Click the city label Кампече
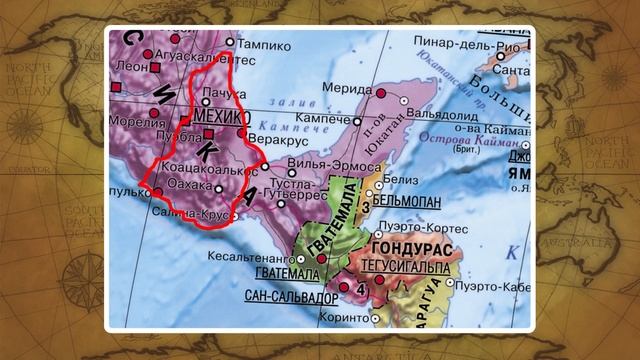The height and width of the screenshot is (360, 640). pyautogui.click(x=348, y=118)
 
